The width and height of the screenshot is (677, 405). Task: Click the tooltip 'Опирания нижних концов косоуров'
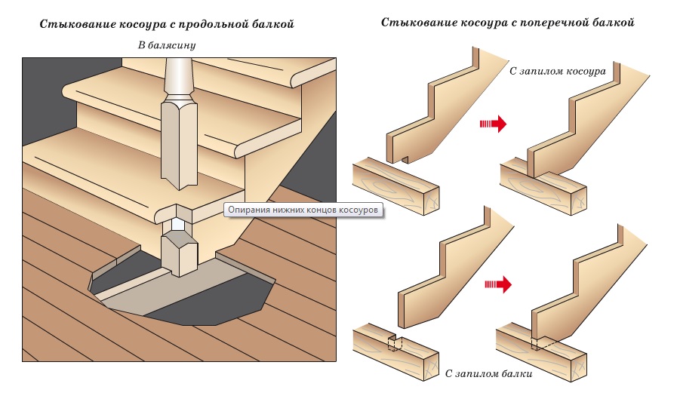click(304, 210)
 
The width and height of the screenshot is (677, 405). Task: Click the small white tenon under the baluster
click(177, 224)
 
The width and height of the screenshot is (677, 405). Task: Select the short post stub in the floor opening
click(179, 255)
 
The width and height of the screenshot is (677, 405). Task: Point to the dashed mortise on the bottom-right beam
click(540, 343)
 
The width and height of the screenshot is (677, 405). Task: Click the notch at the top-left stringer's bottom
click(406, 158)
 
